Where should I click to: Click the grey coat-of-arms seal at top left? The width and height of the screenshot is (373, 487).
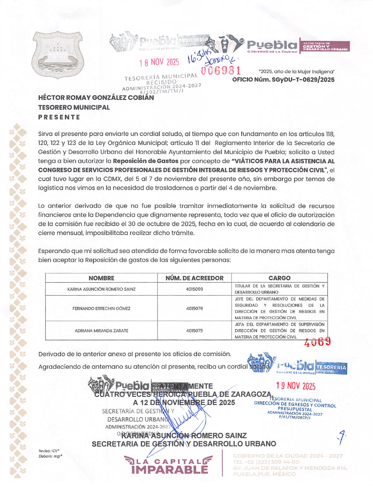coord(58,55)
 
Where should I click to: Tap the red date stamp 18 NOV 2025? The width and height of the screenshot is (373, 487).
coord(159,62)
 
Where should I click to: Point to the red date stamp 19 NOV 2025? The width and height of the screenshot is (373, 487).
coord(296,386)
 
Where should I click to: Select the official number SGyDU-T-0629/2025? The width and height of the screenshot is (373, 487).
coord(283,80)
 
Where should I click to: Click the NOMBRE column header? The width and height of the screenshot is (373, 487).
coord(101,278)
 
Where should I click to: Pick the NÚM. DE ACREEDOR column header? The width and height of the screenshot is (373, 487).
coord(194,278)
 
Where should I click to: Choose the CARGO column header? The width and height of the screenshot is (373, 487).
coord(279,278)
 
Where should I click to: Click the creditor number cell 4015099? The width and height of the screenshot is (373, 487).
coord(194,289)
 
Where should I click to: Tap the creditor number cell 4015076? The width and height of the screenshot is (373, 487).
coord(194,308)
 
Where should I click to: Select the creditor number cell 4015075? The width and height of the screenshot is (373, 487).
coord(194,331)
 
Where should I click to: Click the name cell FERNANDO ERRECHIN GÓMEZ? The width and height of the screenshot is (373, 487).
coord(101,308)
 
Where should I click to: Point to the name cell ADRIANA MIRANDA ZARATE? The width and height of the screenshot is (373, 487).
coord(101,331)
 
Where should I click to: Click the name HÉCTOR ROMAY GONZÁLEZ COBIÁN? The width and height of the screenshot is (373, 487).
coord(96,98)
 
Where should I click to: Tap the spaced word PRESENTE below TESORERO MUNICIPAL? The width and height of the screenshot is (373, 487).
coord(59,117)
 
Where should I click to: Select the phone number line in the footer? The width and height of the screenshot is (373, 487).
coord(266,462)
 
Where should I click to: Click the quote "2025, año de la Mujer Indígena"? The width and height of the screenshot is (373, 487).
coord(296,72)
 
